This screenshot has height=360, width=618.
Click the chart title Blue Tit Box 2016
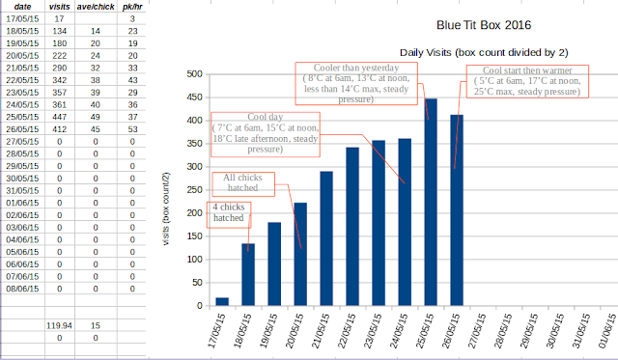pyautogui.click(x=484, y=25)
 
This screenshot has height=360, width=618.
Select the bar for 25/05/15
pyautogui.click(x=431, y=202)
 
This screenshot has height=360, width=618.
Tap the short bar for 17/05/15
pyautogui.click(x=222, y=302)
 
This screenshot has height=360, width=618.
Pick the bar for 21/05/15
pyautogui.click(x=326, y=238)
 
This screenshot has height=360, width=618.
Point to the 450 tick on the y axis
pyautogui.click(x=194, y=97)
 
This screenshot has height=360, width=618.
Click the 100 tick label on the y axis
pyautogui.click(x=194, y=260)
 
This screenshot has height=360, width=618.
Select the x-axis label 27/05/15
pyautogui.click(x=476, y=331)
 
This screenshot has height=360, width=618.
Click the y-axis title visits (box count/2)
pyautogui.click(x=166, y=208)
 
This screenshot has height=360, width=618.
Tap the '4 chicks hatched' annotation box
pyautogui.click(x=229, y=214)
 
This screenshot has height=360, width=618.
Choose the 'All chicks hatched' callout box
pyautogui.click(x=243, y=184)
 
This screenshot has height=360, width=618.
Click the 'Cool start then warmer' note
pyautogui.click(x=527, y=81)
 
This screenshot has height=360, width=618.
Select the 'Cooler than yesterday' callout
pyautogui.click(x=356, y=84)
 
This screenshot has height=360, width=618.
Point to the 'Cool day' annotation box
pyautogui.click(x=266, y=134)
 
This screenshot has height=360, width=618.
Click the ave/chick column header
pyautogui.click(x=96, y=7)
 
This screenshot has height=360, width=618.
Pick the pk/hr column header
pyautogui.click(x=132, y=7)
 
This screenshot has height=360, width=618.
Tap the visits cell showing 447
pyautogui.click(x=60, y=117)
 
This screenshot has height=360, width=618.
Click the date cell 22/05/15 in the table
pyautogui.click(x=22, y=80)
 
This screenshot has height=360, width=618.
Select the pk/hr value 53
pyautogui.click(x=133, y=129)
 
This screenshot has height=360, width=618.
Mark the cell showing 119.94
pyautogui.click(x=60, y=325)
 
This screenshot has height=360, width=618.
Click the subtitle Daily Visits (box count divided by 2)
pyautogui.click(x=484, y=53)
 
